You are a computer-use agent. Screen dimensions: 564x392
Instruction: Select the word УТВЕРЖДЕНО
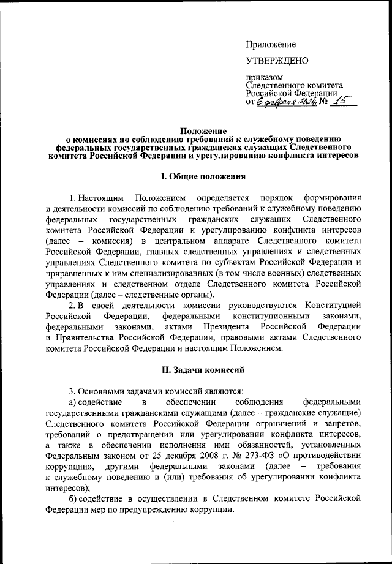point(276,61)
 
